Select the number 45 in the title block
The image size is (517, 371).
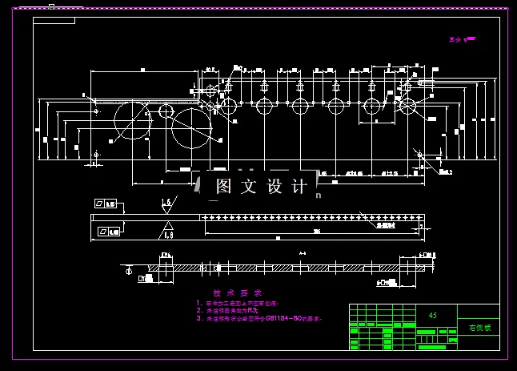[x=434, y=316]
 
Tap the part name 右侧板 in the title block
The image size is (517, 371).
[x=479, y=328]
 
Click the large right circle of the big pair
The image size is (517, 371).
[x=192, y=127]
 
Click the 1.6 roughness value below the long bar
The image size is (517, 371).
[x=168, y=234]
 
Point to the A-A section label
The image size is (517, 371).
[x=303, y=254]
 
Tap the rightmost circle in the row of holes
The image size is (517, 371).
[x=406, y=106]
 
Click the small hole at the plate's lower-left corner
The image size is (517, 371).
[x=96, y=153]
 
